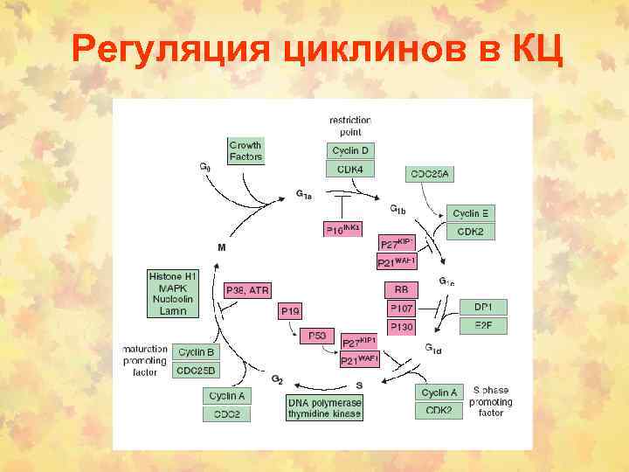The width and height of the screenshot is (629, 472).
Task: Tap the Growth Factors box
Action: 245,151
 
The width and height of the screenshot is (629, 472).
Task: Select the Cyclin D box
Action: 350,151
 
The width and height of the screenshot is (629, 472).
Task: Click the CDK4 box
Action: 350,170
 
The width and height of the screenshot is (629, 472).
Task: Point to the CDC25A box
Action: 429,175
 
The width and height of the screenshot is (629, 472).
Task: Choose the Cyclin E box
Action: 471,213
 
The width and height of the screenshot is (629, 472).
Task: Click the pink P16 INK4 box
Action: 342,229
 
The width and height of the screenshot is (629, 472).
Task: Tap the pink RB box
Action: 401,289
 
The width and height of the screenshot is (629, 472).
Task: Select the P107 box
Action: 401,308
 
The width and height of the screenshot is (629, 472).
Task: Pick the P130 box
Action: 401,326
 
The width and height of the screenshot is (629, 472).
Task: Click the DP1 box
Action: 483,308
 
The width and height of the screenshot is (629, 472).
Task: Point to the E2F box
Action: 483,325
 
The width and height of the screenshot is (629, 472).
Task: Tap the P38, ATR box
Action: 247,290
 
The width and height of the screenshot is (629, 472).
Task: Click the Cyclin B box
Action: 197,352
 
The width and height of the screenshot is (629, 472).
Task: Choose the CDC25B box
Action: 197,371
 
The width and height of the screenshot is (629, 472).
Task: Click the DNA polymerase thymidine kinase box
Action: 324,408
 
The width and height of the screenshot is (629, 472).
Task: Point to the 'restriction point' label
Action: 350,125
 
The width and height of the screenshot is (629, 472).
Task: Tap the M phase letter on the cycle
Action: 221,247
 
